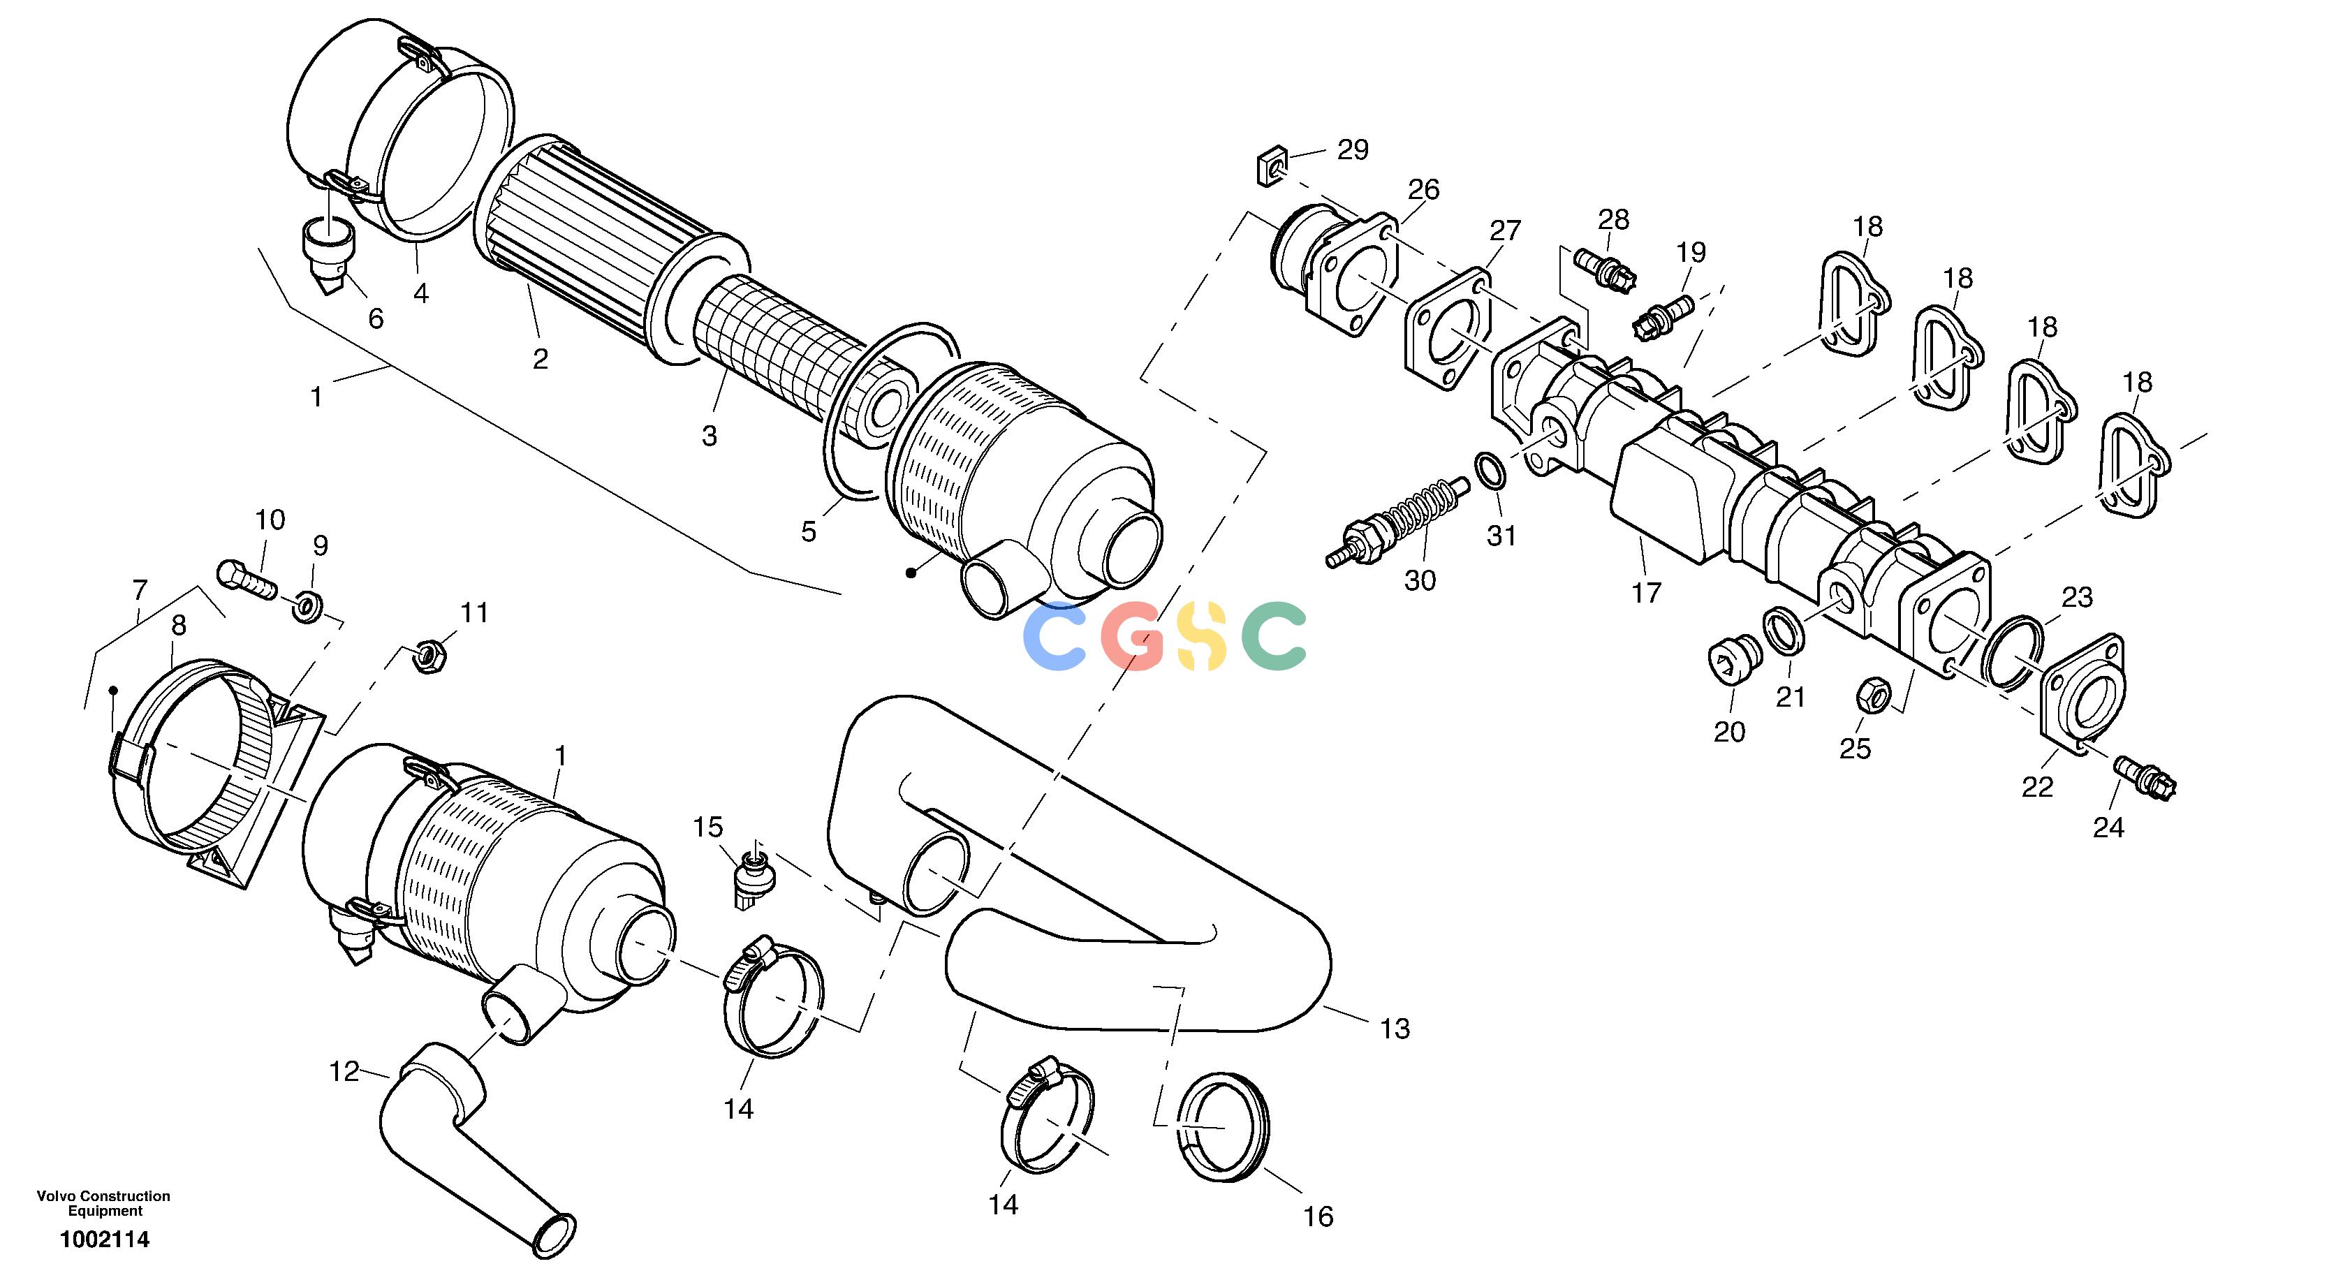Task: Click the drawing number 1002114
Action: tap(105, 1239)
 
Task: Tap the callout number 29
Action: tap(1353, 149)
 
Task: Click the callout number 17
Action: tap(1647, 593)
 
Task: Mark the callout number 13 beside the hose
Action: tap(1395, 1028)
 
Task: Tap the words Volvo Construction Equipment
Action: tap(104, 1203)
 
